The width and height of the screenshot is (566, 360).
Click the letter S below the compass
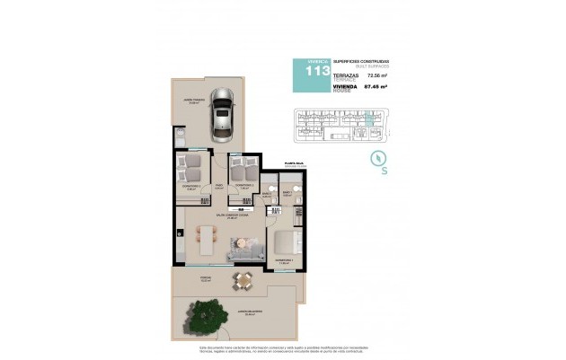click(x=385, y=170)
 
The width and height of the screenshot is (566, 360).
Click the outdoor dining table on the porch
click(x=241, y=283)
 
